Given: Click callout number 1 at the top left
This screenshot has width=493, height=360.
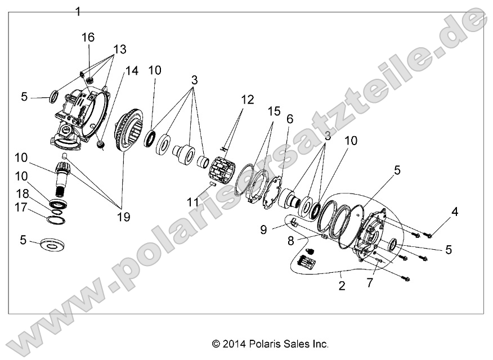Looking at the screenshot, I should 78,11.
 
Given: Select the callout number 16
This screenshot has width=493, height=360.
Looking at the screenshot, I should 88,37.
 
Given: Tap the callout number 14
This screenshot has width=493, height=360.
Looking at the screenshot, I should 131,71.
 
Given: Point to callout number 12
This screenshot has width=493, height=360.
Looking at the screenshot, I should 248,100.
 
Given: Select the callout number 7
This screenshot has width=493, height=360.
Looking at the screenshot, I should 369,283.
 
